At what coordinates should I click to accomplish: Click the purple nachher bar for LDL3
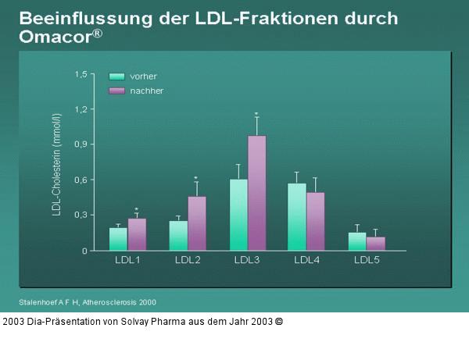click(x=257, y=193)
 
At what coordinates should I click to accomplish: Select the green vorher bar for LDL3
click(x=238, y=215)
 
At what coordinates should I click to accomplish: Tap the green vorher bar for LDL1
click(x=118, y=239)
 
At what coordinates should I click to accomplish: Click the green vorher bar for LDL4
click(x=297, y=217)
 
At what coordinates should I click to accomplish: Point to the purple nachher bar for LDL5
click(x=376, y=244)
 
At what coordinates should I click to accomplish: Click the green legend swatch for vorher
click(x=117, y=77)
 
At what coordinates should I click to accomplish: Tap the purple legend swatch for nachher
click(x=117, y=91)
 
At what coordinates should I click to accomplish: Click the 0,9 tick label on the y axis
click(x=81, y=144)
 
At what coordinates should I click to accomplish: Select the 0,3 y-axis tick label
click(x=81, y=215)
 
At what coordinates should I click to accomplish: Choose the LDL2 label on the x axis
click(x=188, y=259)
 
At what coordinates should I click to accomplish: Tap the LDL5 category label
click(x=367, y=259)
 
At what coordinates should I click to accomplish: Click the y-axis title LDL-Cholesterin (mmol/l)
click(x=57, y=164)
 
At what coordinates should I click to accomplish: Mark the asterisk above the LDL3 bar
click(x=256, y=115)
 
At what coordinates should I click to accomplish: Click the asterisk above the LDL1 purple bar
click(x=137, y=209)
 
